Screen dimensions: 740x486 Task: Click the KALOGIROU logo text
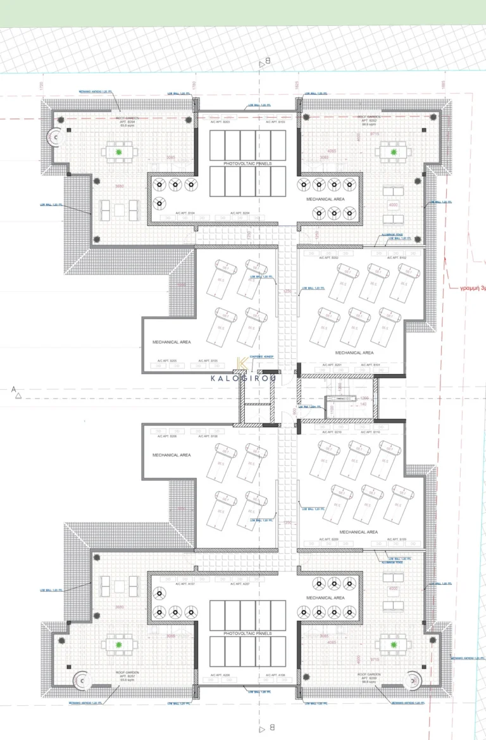243,379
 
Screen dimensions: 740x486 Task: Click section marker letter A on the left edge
13,390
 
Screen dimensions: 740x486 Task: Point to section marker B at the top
268,61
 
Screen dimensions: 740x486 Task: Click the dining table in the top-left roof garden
118,152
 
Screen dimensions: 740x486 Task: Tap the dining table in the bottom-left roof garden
118,645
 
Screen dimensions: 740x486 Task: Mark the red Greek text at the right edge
472,287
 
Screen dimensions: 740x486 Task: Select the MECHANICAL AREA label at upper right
325,199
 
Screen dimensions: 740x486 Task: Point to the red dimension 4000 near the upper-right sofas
393,205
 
